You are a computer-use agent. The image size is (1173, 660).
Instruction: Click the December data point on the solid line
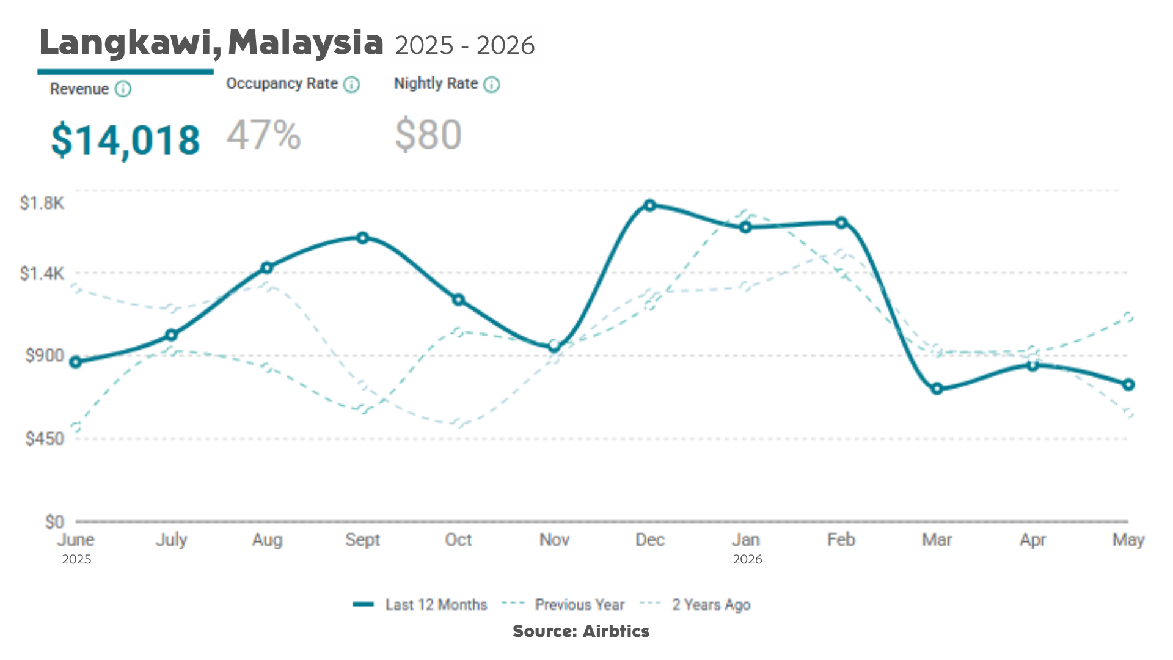[x=650, y=205]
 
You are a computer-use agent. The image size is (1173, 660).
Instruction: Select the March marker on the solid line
[x=937, y=389]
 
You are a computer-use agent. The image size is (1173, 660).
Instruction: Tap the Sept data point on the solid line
[x=363, y=238]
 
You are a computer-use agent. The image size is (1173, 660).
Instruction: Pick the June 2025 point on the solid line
[x=76, y=362]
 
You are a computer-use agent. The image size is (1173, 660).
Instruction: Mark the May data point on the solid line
[x=1128, y=384]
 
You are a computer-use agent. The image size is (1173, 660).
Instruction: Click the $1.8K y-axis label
[x=42, y=203]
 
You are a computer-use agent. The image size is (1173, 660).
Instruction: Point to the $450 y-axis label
[x=45, y=439]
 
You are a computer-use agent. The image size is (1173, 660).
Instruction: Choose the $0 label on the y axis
[x=54, y=522]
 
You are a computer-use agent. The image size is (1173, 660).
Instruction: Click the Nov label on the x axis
[x=554, y=540]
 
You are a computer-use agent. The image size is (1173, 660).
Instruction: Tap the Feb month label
[x=841, y=540]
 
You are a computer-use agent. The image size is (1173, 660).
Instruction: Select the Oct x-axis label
[x=458, y=540]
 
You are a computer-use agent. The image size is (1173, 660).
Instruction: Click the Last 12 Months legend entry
[x=420, y=604]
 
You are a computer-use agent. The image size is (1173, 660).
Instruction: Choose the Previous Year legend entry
[x=563, y=604]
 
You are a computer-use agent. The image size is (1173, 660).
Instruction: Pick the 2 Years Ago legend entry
[x=695, y=604]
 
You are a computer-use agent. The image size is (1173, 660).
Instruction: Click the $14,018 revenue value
[x=125, y=141]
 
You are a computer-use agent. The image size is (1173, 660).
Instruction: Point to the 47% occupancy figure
[x=264, y=135]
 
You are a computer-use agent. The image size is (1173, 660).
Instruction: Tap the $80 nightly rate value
[x=428, y=135]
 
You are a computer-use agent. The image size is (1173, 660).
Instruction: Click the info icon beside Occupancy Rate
[x=351, y=84]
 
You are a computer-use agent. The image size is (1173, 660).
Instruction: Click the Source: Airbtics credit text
[x=581, y=631]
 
